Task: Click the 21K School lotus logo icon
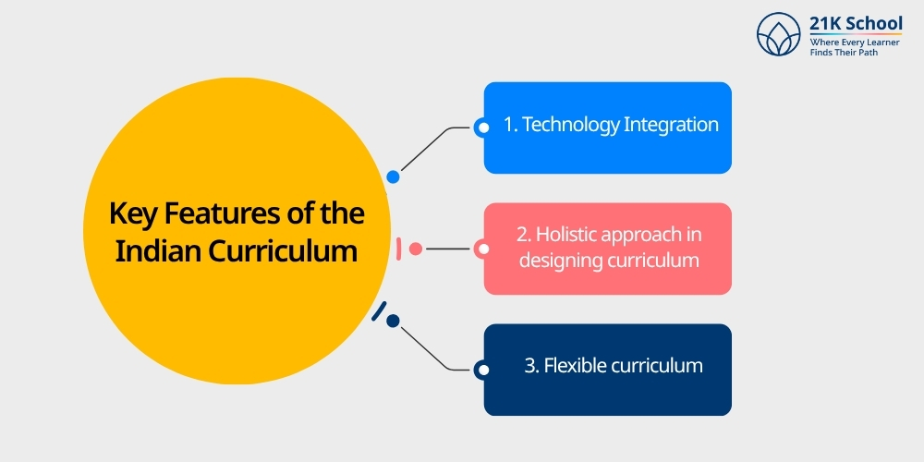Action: (778, 35)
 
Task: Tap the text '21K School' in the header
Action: (856, 24)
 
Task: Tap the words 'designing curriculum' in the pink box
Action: (608, 260)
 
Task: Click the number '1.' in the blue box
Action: (510, 125)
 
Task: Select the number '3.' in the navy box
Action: (532, 365)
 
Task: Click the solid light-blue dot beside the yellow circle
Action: (394, 176)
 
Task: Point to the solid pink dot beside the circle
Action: (416, 249)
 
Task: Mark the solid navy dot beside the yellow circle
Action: (393, 321)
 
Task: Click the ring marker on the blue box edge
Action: (481, 128)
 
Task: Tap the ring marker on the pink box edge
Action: (481, 249)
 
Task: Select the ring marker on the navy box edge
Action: (481, 371)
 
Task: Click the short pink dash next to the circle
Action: (398, 249)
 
